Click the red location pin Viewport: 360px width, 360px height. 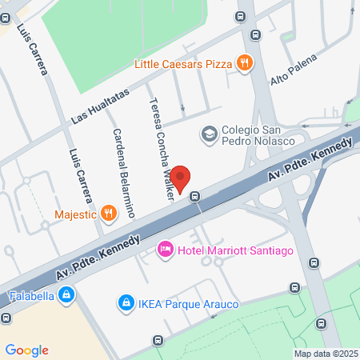(181, 178)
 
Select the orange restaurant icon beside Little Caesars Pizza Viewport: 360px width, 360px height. (245, 62)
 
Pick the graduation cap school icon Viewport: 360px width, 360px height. (209, 134)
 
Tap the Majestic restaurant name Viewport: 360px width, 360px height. (74, 214)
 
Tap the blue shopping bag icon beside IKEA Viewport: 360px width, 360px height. (125, 302)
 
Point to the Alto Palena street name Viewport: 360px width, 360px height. (294, 70)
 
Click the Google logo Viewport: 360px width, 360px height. (26, 350)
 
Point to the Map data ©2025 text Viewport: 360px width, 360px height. (325, 354)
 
